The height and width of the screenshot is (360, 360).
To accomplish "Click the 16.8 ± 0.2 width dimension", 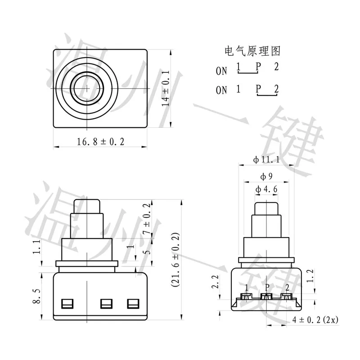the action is coord(100,142).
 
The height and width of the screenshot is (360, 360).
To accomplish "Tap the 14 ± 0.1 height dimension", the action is coord(166,88).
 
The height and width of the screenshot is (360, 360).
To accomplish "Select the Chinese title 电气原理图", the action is coord(252,51).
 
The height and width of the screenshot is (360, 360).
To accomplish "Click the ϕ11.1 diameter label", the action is coord(266,159).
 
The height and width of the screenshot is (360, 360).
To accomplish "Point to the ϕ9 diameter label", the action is coord(266,176).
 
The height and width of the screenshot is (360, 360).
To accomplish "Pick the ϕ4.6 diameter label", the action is coord(266,189).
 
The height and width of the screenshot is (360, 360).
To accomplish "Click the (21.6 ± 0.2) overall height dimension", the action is coord(175,260).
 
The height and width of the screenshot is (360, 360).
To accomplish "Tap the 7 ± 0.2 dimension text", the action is coord(147,219).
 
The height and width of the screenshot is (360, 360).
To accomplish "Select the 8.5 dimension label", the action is coord(36,296).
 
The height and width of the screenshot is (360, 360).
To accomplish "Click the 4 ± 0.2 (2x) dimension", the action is coord(315,320).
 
